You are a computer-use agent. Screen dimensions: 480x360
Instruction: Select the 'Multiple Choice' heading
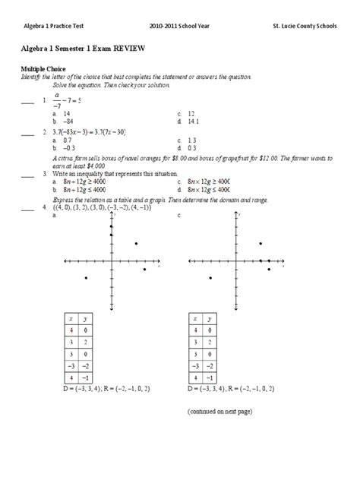[45, 68]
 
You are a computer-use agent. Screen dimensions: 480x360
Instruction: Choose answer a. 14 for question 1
[62, 113]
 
